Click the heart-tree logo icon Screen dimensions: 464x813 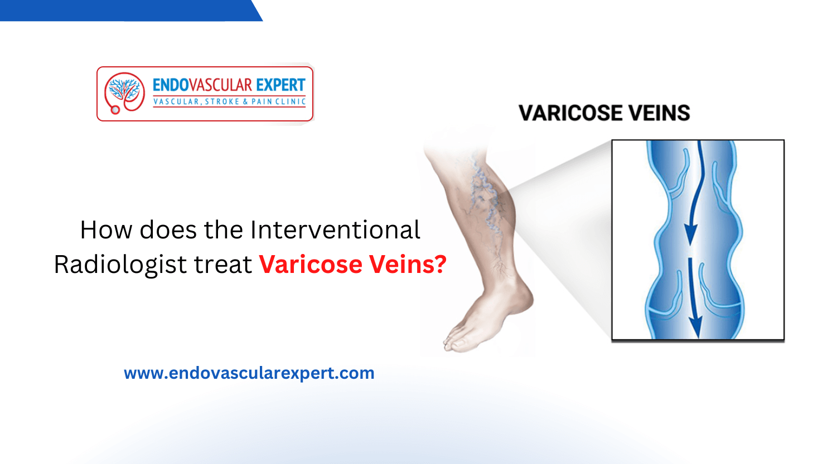point(124,92)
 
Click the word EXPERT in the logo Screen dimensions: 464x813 point(280,85)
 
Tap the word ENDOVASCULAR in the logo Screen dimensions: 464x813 point(202,85)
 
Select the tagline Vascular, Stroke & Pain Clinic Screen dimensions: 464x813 point(229,102)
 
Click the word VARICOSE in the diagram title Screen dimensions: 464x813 point(570,113)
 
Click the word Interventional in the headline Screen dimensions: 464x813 point(335,230)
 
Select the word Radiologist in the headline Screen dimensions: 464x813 point(120,265)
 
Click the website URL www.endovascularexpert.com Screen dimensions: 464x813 point(249,373)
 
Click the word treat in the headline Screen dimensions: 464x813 point(222,265)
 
